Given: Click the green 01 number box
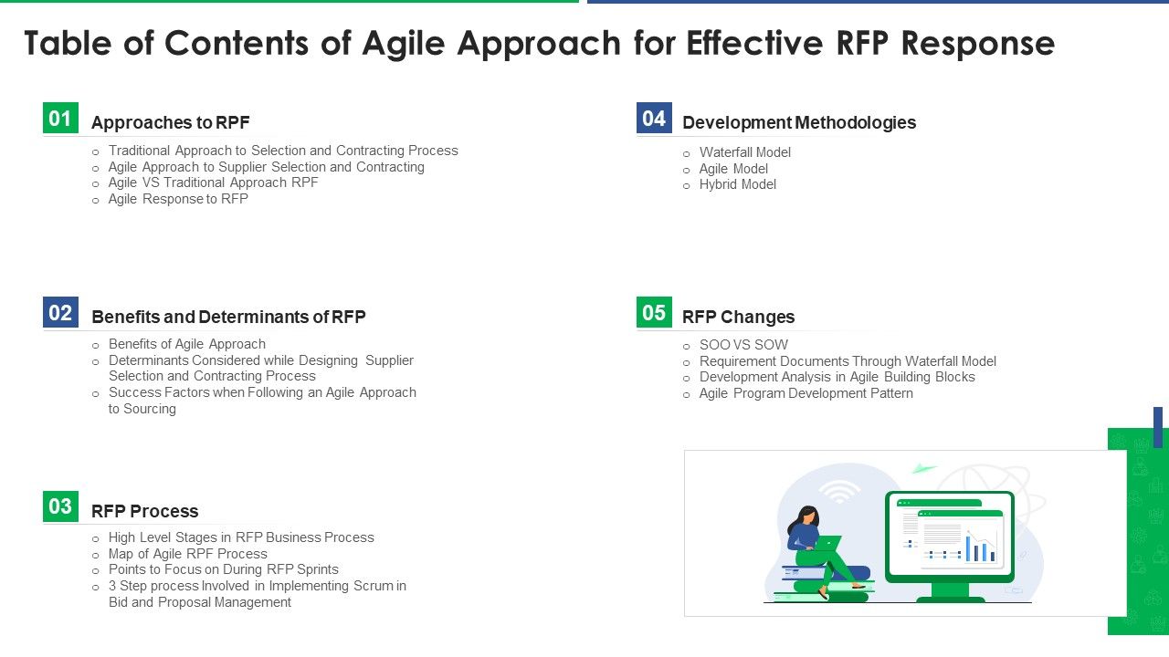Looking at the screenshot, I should click(x=60, y=119).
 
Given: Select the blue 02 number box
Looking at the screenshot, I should click(x=60, y=313).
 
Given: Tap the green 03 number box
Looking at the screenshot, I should click(x=60, y=506).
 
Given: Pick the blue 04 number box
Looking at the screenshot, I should click(x=654, y=119).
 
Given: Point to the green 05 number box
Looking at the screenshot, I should click(x=654, y=313).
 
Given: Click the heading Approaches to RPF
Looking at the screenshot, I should click(x=170, y=122).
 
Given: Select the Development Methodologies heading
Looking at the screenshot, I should click(x=799, y=122).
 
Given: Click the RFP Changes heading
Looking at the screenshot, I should click(x=738, y=317).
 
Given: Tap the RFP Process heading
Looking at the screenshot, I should click(x=144, y=511).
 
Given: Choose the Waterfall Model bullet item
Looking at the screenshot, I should click(x=744, y=152).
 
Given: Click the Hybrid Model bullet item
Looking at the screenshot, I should click(x=737, y=184).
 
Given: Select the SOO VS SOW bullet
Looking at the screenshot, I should click(x=742, y=345).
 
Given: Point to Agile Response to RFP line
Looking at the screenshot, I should click(x=178, y=199).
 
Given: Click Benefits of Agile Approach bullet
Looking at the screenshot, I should click(x=186, y=344).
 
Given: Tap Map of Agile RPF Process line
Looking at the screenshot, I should click(x=187, y=554).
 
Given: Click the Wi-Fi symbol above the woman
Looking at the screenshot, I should click(x=839, y=491).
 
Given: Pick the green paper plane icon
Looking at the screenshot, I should click(x=924, y=469).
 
